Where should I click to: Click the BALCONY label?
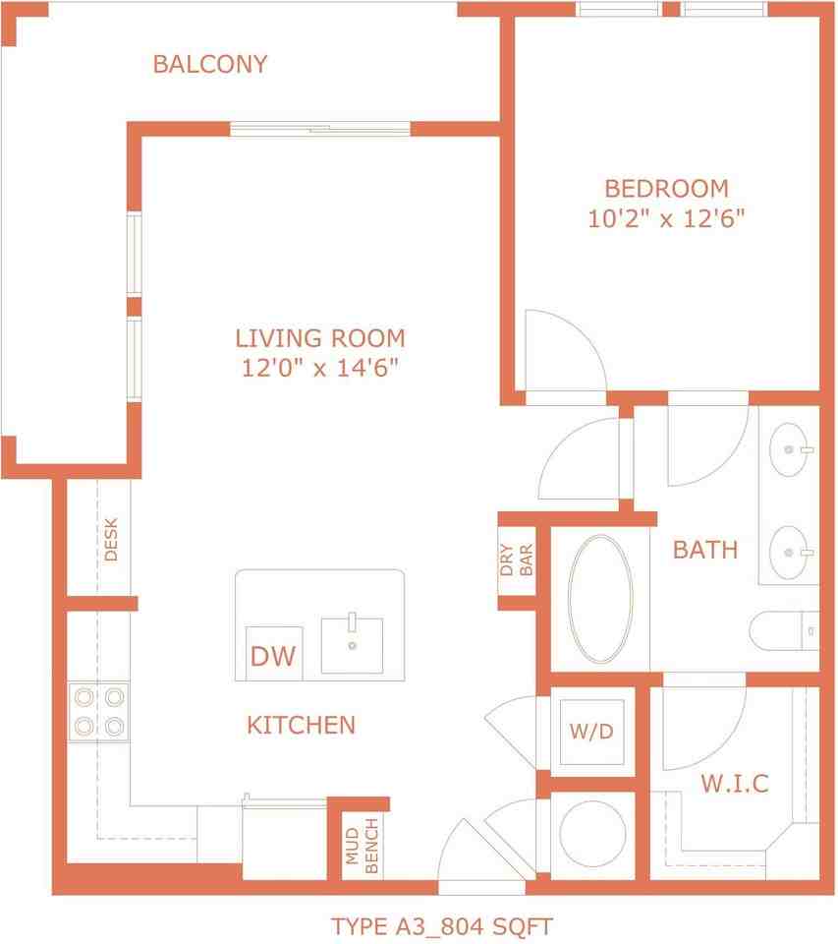(210, 65)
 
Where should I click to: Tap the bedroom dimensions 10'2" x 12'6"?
(666, 218)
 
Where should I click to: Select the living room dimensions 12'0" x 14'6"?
(320, 367)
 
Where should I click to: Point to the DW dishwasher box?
(274, 653)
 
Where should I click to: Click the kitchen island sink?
(352, 645)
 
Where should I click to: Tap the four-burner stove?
(98, 712)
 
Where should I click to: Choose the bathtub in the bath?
(600, 599)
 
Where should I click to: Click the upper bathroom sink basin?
(789, 449)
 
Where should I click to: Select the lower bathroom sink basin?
(789, 552)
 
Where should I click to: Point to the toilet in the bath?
(783, 631)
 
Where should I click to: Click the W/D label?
(591, 732)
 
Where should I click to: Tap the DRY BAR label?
(517, 560)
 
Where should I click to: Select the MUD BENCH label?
(363, 846)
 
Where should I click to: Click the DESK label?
(111, 540)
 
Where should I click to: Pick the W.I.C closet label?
(735, 784)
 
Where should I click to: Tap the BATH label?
(705, 550)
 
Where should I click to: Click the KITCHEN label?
(302, 725)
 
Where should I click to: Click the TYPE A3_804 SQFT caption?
(441, 926)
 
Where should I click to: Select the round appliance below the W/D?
(592, 834)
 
